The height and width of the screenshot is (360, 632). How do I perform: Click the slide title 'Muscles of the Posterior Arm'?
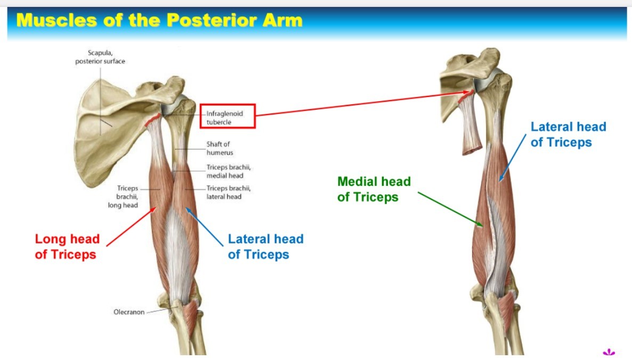[159, 20]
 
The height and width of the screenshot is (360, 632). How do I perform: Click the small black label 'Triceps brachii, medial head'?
[229, 171]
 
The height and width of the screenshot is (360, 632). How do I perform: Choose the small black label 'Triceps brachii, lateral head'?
[229, 192]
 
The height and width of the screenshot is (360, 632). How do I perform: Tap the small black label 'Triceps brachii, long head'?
[123, 197]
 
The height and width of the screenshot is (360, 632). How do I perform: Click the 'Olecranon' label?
[129, 312]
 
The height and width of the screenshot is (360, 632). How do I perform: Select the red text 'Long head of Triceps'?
[67, 247]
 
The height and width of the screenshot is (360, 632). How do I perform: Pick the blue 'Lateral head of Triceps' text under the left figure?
[265, 247]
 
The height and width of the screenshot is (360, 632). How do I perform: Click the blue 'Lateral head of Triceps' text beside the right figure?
[568, 134]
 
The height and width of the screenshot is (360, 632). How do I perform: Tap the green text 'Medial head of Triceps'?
[374, 189]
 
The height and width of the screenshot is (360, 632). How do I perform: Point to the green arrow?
[450, 209]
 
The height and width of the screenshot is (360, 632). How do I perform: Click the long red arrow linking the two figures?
[362, 103]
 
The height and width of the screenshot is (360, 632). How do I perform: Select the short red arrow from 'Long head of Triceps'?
[131, 226]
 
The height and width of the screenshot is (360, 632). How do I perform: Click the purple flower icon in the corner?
[609, 351]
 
